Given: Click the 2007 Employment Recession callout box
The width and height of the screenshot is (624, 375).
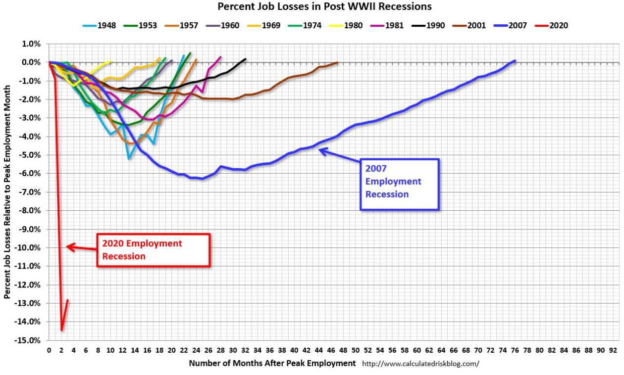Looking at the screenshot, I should coord(400,184).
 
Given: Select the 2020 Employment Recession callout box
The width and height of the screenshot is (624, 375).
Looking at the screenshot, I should coord(154,250).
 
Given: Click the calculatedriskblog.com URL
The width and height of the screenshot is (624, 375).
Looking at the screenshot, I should coord(420,364).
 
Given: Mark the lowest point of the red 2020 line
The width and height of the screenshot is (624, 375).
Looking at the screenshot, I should coord(61,330).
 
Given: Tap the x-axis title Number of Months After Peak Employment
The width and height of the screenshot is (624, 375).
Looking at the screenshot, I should coord(272,363).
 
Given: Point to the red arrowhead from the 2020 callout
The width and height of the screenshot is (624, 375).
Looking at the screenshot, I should coord(69,246).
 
